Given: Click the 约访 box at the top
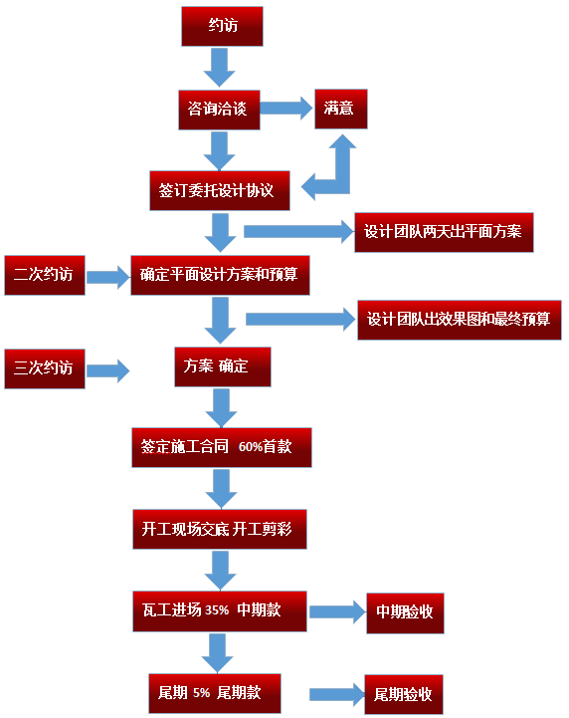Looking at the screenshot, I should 222,26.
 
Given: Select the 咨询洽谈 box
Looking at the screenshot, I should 218,109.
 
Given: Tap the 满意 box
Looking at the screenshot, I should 340,109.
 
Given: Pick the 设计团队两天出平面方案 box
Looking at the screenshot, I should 444,232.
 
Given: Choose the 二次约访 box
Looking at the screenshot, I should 44,275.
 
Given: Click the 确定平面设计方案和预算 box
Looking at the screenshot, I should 220,275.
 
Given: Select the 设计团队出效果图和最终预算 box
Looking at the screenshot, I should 459,320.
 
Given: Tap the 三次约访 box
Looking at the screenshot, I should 44,367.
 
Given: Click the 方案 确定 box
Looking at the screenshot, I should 222,366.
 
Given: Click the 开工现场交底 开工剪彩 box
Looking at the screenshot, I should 220,529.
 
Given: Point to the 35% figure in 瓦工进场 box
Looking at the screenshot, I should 217,610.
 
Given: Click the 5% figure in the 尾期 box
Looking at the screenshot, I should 201,693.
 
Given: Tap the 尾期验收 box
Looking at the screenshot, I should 403,695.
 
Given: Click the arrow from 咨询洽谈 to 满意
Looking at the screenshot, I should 286,109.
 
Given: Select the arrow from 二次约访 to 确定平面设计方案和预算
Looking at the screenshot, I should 107,276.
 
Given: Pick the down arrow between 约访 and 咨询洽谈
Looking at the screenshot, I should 219,67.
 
